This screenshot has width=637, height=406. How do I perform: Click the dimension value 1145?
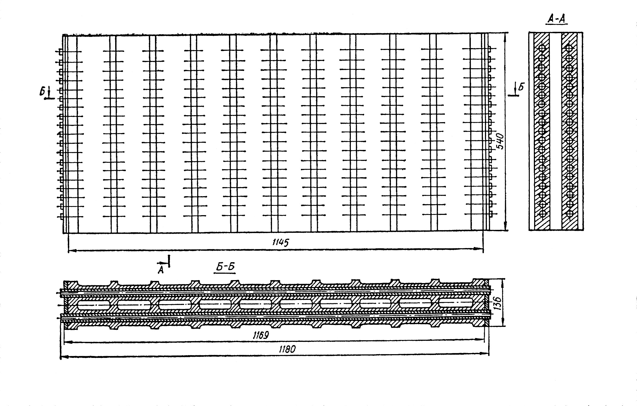(x=281, y=243)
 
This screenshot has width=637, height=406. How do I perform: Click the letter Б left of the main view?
(x=42, y=92)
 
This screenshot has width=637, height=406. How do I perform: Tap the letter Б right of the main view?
(x=521, y=87)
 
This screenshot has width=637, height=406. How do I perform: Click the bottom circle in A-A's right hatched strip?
(x=570, y=213)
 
